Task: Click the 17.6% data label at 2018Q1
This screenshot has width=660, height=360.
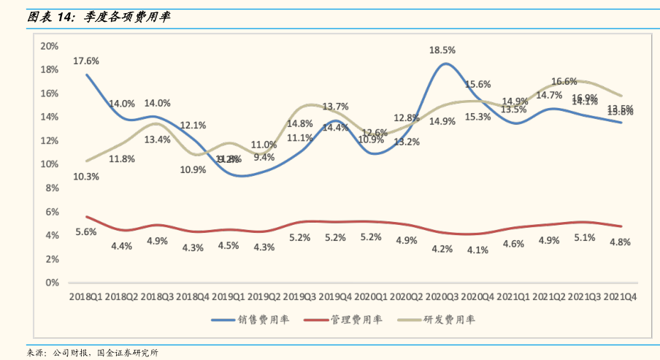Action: (86, 61)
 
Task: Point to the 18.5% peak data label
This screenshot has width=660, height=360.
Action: (443, 50)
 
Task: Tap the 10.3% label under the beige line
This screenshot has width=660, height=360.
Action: (86, 176)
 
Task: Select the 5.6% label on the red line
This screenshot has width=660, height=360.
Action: (86, 232)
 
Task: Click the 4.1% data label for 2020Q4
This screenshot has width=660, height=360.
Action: (477, 250)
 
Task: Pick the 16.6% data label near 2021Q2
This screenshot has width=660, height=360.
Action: (564, 82)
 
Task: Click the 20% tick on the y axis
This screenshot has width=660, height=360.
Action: (49, 46)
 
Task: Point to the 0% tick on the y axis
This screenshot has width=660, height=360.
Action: (52, 283)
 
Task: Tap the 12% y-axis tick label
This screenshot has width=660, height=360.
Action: (49, 141)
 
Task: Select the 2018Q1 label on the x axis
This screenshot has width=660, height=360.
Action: (86, 297)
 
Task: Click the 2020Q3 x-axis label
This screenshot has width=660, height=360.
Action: (443, 297)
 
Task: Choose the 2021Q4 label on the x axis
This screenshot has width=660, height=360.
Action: (621, 297)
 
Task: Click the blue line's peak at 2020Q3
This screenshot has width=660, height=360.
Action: (443, 64)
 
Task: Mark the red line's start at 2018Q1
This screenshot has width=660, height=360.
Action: (86, 216)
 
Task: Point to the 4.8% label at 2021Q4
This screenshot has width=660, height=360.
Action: (620, 242)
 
